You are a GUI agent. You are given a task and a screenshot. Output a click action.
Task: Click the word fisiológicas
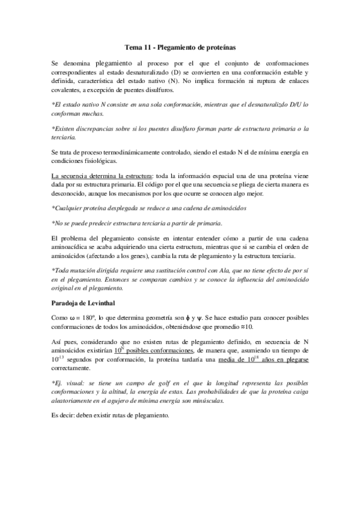(103, 161)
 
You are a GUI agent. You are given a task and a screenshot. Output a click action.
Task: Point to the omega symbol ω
(72, 317)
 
